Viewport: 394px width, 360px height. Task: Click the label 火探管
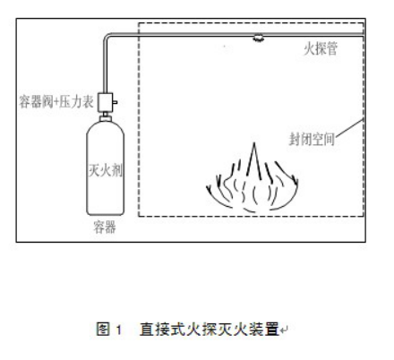pyautogui.click(x=321, y=48)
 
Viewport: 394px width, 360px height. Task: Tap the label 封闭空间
pyautogui.click(x=312, y=139)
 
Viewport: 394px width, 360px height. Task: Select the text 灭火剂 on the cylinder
pyautogui.click(x=106, y=170)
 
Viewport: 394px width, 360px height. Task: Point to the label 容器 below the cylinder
pyautogui.click(x=105, y=227)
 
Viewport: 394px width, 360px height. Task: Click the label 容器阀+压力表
pyautogui.click(x=56, y=101)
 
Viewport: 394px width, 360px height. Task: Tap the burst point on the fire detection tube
pyautogui.click(x=258, y=38)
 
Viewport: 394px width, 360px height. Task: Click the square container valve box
pyautogui.click(x=106, y=102)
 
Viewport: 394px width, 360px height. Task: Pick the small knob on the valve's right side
pyautogui.click(x=115, y=102)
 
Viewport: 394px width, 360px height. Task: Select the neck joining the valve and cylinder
pyautogui.click(x=106, y=116)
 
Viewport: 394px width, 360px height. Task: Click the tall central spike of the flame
pyautogui.click(x=254, y=160)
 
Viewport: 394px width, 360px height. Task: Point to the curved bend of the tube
pyautogui.click(x=107, y=37)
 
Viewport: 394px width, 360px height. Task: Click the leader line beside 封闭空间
pyautogui.click(x=349, y=128)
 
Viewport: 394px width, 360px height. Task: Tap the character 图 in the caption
pyautogui.click(x=103, y=330)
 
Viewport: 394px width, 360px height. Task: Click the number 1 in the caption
pyautogui.click(x=119, y=330)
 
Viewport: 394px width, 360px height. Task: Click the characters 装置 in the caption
pyautogui.click(x=265, y=330)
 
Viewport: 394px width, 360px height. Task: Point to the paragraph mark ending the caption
pyautogui.click(x=284, y=330)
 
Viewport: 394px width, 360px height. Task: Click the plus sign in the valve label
pyautogui.click(x=56, y=102)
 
